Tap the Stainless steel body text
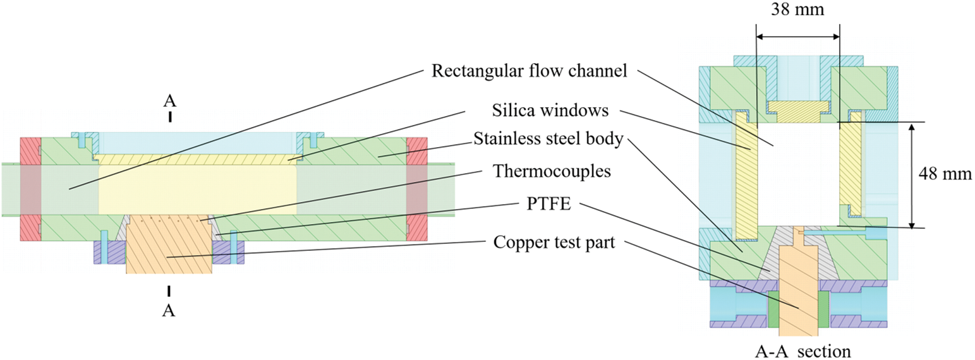547,139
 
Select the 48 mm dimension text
945,174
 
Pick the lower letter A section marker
169,310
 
